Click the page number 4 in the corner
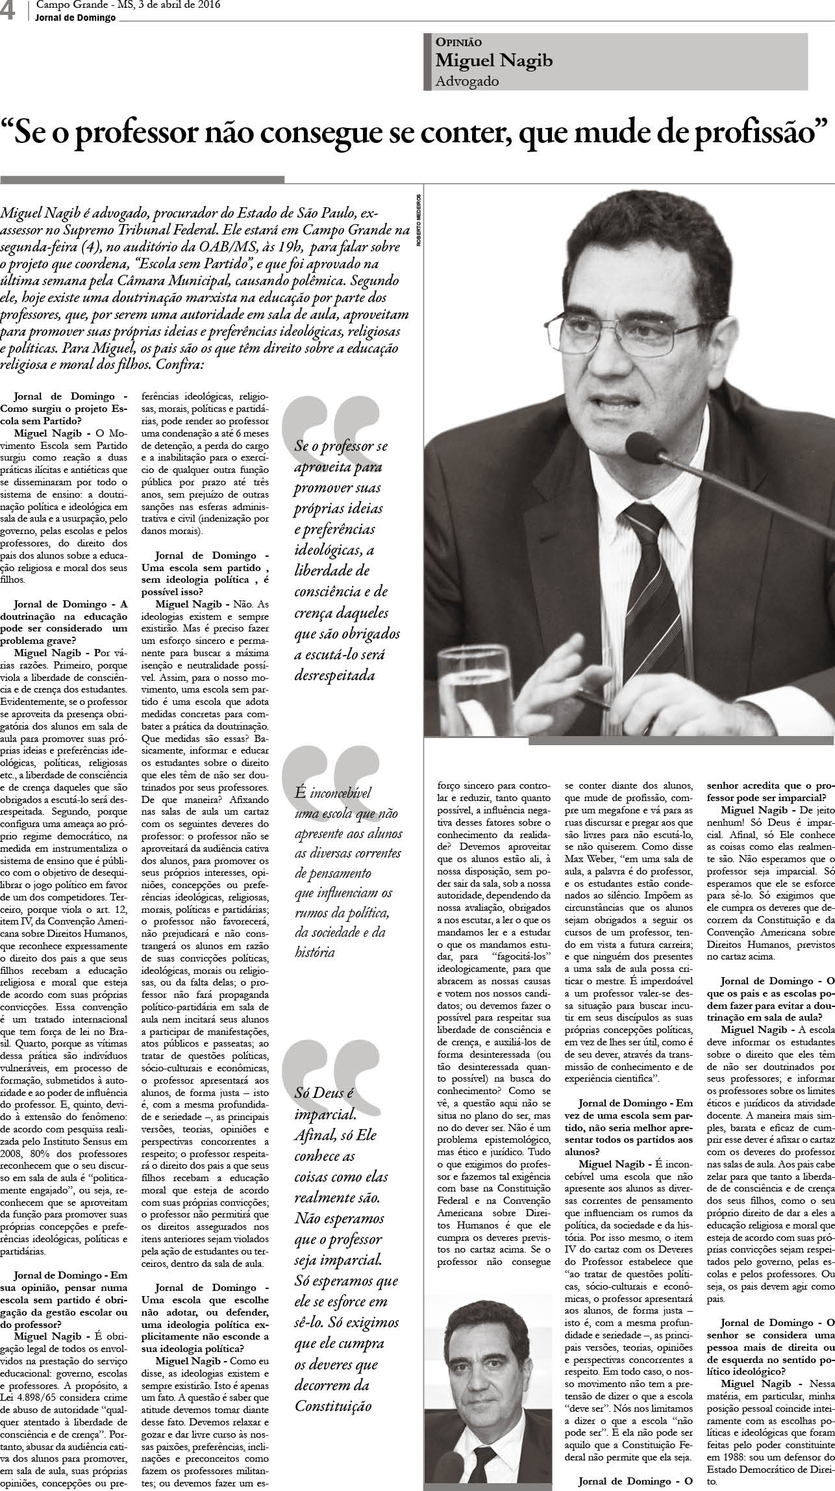[8, 11]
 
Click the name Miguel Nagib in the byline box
[493, 61]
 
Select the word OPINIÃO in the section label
[458, 42]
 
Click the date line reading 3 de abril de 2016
[176, 6]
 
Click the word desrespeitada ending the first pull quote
[336, 676]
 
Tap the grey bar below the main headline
[142, 179]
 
